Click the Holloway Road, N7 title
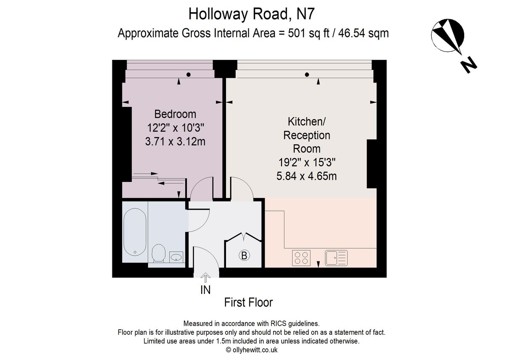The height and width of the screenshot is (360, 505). tap(252, 13)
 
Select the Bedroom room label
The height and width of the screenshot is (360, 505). tap(175, 114)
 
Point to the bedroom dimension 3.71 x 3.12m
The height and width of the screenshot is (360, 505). tap(175, 141)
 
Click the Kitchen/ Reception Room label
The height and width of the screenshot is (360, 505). tap(307, 135)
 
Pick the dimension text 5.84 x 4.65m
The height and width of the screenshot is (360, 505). tap(307, 176)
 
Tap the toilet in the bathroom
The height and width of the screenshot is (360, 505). tap(158, 253)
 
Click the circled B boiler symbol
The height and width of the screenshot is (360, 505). tap(244, 255)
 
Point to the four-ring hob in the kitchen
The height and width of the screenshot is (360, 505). tap(301, 257)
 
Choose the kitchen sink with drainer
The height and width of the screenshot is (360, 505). tap(336, 257)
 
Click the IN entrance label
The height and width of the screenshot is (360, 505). tap(205, 290)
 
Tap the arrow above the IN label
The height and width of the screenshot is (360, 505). tap(205, 277)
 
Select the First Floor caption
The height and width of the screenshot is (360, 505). tap(248, 302)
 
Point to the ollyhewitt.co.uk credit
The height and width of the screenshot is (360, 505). tap(252, 350)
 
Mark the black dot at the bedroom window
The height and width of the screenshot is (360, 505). tap(189, 75)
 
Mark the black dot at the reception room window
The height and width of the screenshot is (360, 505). tap(307, 75)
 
